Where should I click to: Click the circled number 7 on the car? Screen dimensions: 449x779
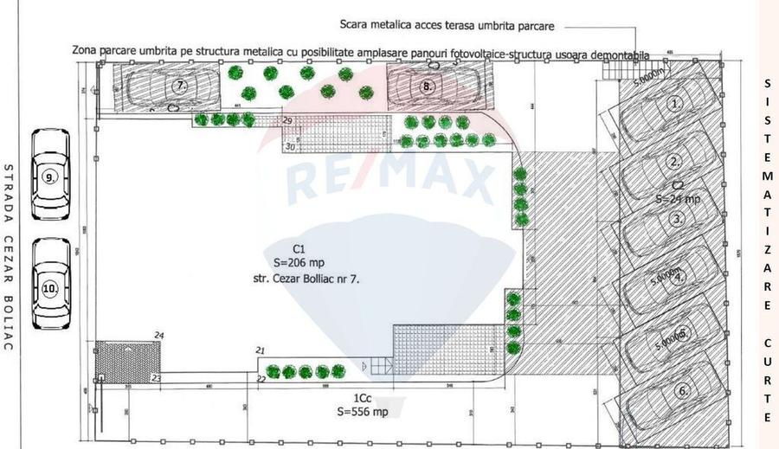pos(181,86)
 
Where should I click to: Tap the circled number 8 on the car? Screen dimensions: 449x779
pos(427,86)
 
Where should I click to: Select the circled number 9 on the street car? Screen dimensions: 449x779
pos(50,177)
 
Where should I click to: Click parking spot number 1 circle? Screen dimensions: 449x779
pos(677,102)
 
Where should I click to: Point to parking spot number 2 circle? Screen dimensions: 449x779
pos(674,161)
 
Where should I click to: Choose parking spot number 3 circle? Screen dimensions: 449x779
pos(677,220)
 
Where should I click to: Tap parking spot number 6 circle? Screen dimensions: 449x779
pos(683,391)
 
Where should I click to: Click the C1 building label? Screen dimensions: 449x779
pos(298,248)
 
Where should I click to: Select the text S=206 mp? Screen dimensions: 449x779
pos(299,263)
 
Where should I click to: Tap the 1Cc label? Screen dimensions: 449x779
pos(362,398)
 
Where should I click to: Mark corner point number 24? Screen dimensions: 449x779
pos(158,335)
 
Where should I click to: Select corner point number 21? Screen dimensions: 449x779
pos(260,350)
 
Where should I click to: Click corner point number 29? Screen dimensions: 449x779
pos(287,119)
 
